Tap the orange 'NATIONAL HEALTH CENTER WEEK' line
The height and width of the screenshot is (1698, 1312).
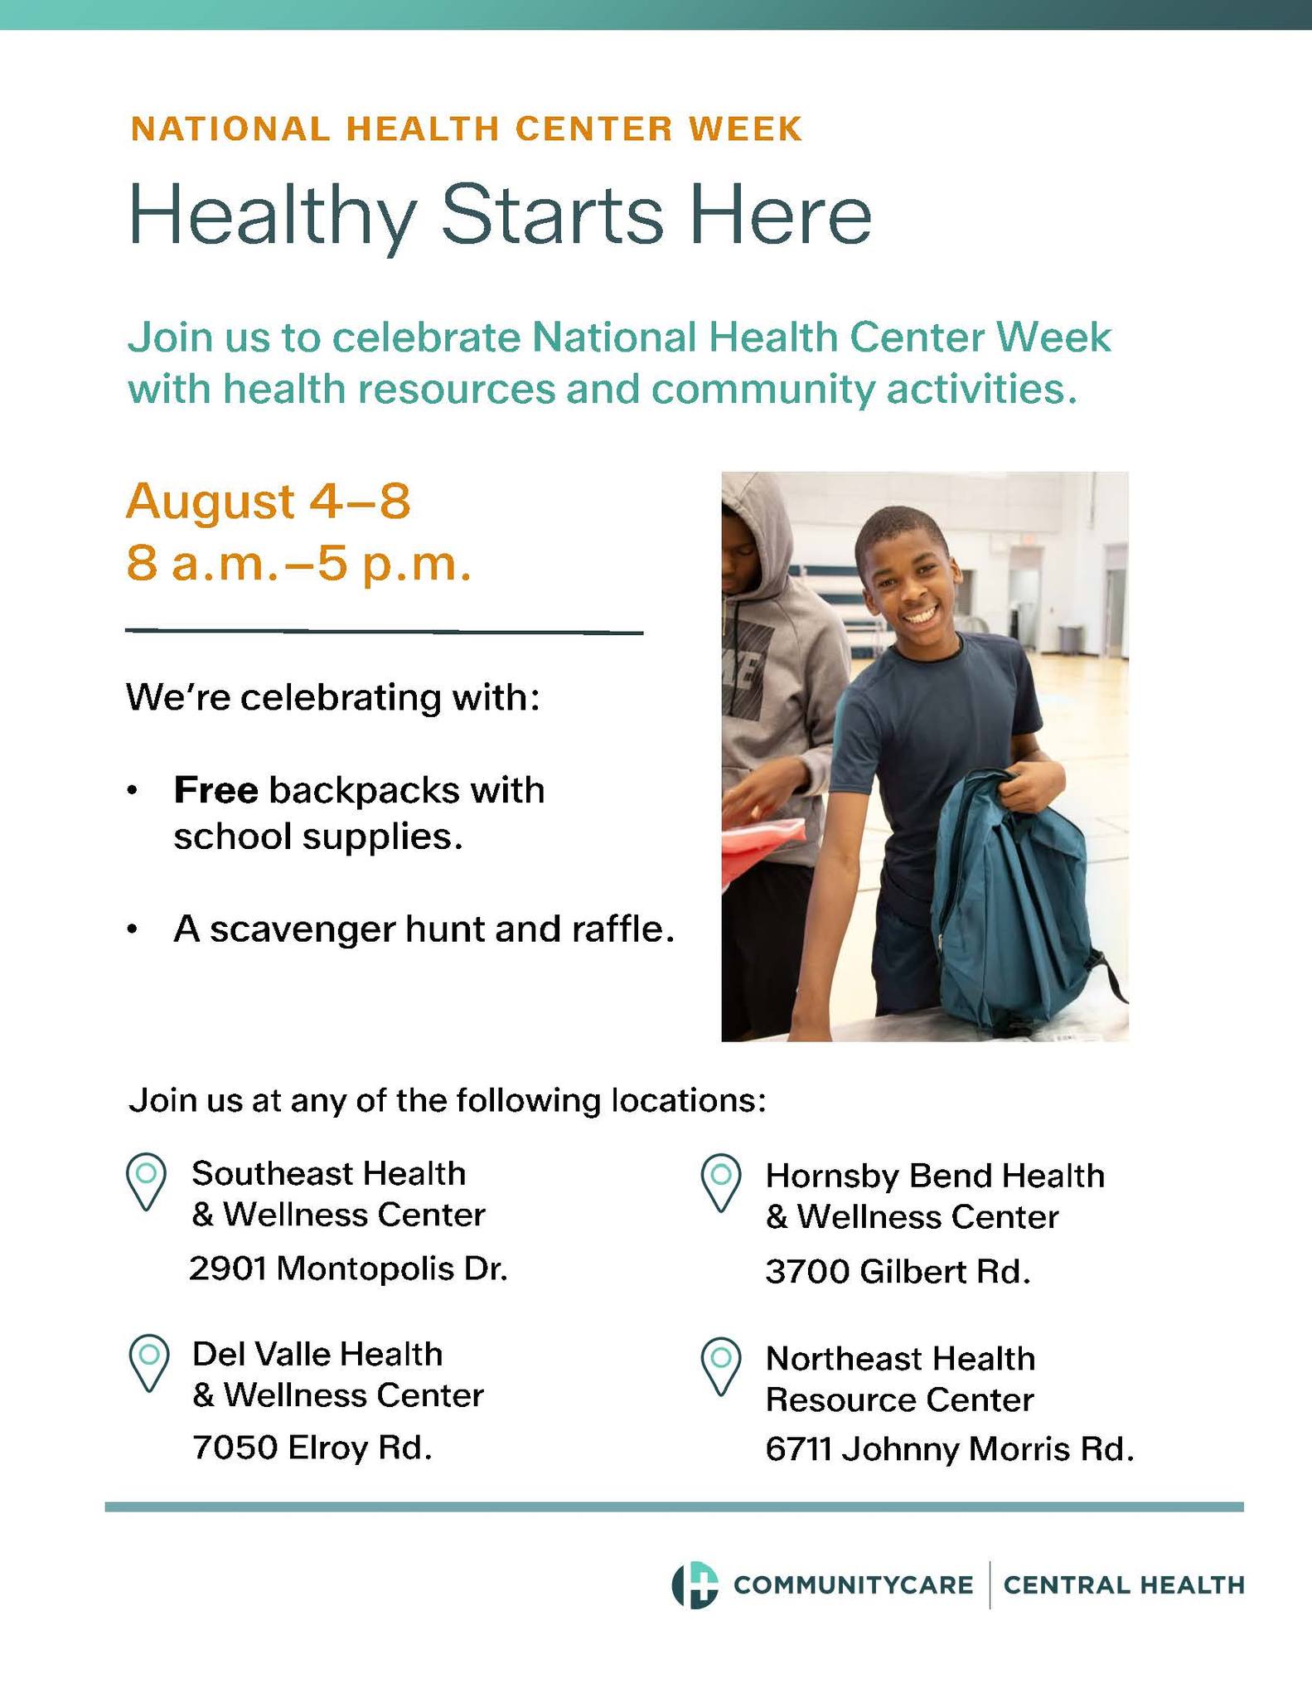(467, 129)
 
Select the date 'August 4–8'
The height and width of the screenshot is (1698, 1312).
(268, 502)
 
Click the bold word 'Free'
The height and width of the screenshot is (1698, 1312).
(215, 790)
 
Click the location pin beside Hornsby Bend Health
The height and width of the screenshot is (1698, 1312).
(720, 1182)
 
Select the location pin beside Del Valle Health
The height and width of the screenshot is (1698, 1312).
(149, 1363)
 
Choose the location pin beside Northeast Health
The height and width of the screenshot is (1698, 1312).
(720, 1366)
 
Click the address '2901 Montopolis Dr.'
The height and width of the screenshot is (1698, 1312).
(348, 1269)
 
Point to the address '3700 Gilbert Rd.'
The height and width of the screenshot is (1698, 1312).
(898, 1272)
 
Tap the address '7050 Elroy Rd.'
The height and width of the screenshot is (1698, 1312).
(312, 1448)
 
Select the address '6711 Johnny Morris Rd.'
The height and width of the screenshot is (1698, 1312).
(949, 1449)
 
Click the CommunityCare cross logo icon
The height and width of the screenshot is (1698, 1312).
(695, 1585)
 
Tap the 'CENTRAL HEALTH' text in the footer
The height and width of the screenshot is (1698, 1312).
(1124, 1585)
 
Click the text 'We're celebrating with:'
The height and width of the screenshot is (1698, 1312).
(333, 697)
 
